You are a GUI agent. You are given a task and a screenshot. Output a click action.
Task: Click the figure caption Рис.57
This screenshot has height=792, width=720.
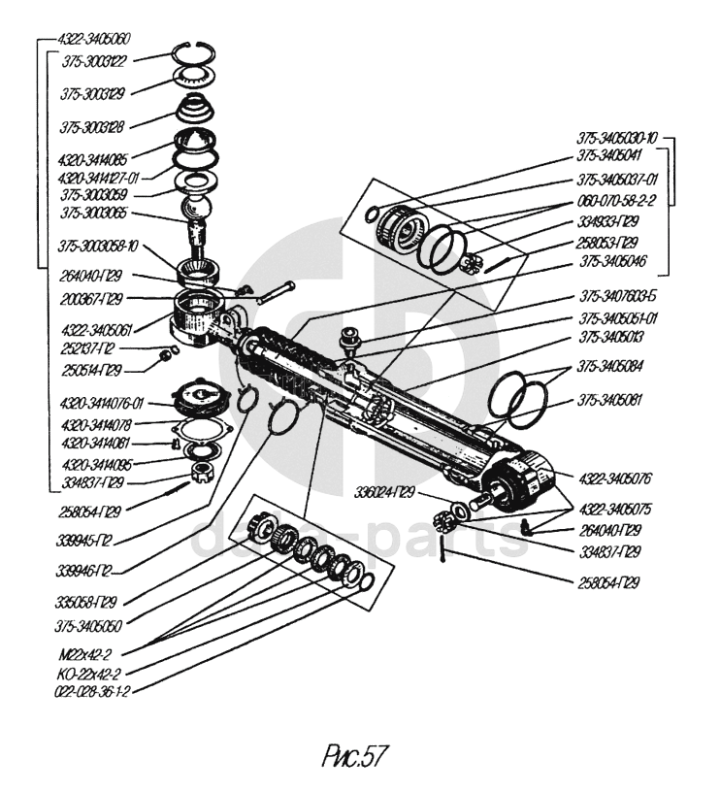pos(359,754)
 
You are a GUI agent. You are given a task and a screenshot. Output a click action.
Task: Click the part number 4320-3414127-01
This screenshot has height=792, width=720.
pos(99,178)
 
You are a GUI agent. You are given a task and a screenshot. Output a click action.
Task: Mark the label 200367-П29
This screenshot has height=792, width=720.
pos(91,298)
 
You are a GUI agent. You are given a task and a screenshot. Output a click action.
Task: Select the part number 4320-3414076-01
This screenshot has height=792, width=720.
pos(100,403)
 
